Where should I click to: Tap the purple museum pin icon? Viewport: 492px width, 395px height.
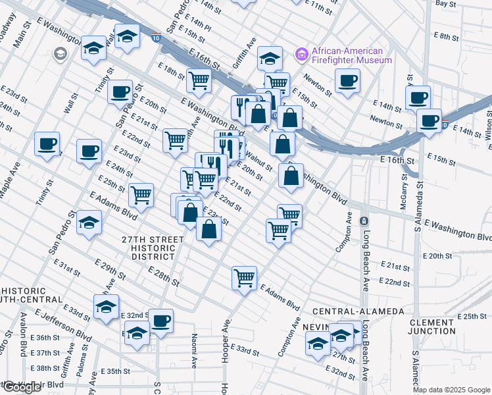(302, 52)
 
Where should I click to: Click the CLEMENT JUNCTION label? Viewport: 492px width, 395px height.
(431, 327)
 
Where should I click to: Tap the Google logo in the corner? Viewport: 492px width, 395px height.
(22, 387)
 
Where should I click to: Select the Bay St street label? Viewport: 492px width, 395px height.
(445, 4)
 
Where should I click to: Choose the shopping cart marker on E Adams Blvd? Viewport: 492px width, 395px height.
(244, 278)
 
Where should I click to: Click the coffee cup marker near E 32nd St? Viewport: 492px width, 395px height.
(161, 321)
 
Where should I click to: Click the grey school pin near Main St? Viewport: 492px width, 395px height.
(61, 53)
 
